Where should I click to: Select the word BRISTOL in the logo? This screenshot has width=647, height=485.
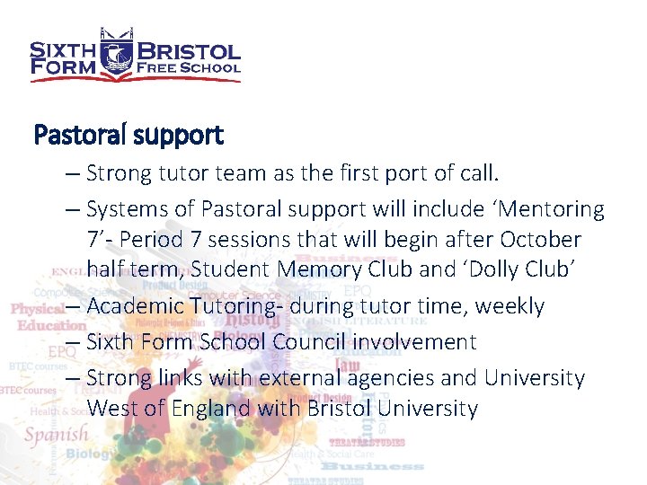[x=187, y=51]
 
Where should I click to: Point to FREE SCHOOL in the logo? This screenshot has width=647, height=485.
[x=187, y=67]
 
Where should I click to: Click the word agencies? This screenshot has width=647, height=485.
[x=394, y=378]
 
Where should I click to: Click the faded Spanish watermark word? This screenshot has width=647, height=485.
[x=57, y=435]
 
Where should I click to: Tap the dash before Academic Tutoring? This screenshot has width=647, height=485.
[x=75, y=306]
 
